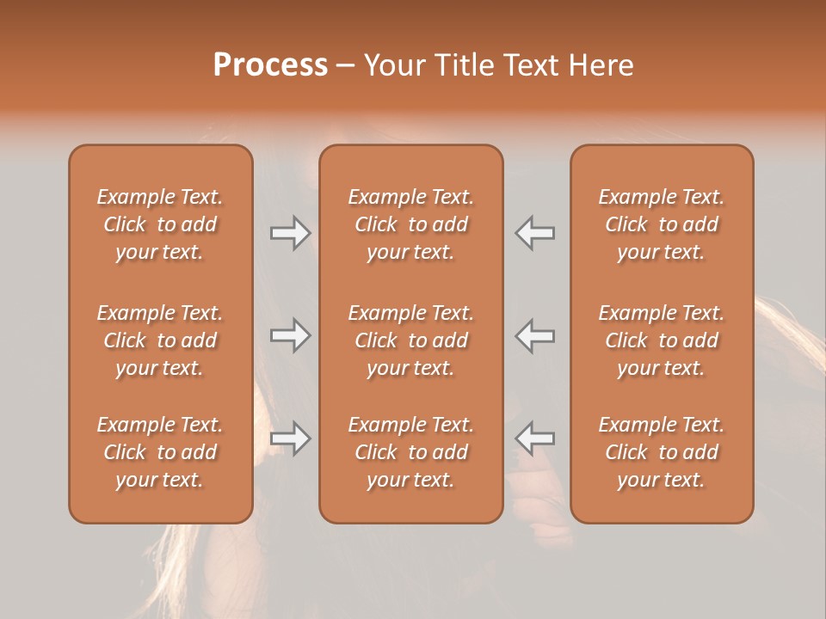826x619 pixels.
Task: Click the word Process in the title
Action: [x=270, y=65]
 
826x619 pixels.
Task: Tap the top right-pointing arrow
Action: [x=290, y=233]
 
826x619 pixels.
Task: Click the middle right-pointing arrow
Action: [x=290, y=335]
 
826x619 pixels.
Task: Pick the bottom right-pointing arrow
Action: [x=290, y=438]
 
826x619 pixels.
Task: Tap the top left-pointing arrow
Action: [x=535, y=233]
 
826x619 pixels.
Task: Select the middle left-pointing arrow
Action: [x=535, y=335]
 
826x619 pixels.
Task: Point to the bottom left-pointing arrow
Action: [x=535, y=438]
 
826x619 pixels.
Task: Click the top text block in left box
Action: [x=160, y=224]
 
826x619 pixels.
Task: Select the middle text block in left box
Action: [x=160, y=340]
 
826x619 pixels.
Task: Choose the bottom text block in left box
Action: [x=160, y=452]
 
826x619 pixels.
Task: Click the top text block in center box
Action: [x=411, y=224]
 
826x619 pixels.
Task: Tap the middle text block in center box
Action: [x=411, y=340]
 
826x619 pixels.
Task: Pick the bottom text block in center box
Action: [x=411, y=452]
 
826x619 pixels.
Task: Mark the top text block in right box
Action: [x=662, y=224]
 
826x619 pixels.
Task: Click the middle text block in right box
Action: [x=662, y=340]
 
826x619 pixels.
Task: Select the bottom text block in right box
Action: [x=662, y=452]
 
